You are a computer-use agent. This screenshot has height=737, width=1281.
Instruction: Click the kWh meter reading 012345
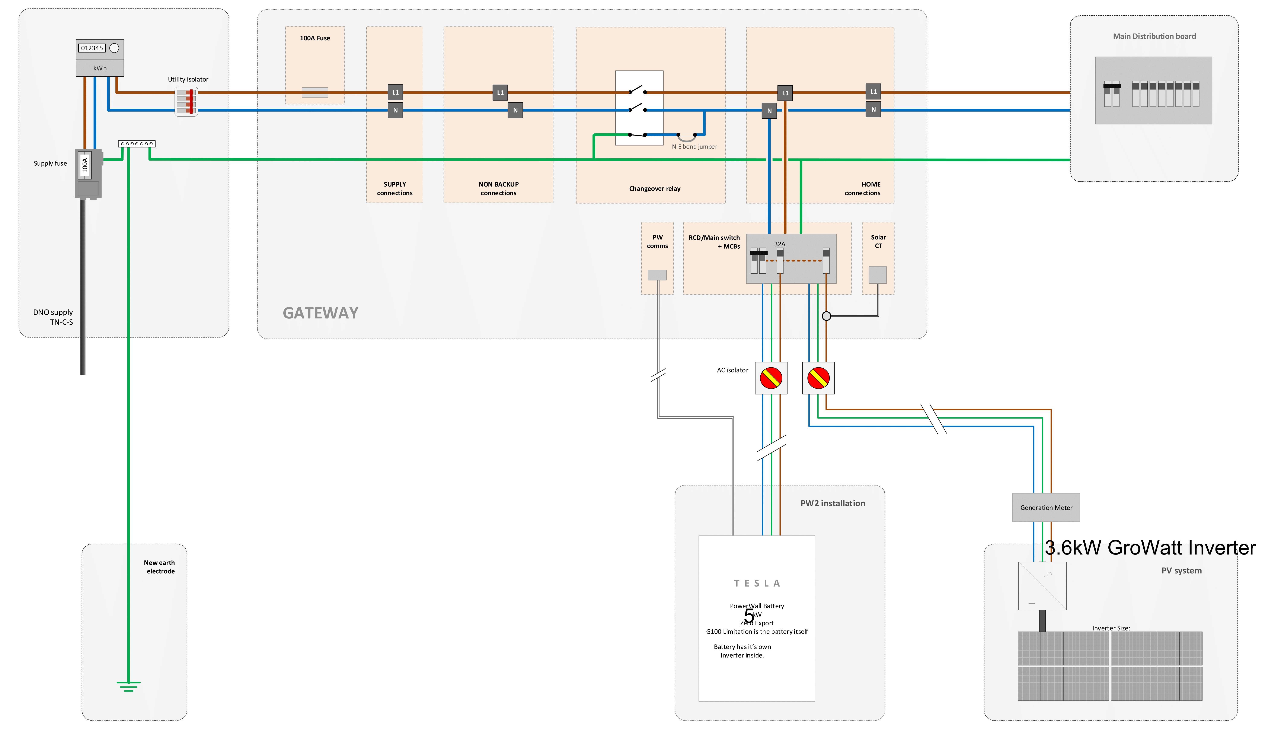coord(92,48)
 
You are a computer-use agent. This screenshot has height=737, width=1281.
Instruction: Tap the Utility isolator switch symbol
coord(186,101)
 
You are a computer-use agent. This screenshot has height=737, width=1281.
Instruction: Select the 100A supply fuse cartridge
coord(85,165)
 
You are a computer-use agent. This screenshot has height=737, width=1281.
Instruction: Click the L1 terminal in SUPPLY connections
coord(395,92)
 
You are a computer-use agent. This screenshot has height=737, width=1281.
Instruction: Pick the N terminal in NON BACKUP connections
coord(515,110)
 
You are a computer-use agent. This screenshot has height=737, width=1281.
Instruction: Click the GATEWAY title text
coord(320,313)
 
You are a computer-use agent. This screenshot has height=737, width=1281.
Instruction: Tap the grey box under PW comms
coord(657,275)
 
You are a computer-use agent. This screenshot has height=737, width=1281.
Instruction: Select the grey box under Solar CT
coord(878,275)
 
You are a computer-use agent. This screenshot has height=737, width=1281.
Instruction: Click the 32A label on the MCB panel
coord(780,244)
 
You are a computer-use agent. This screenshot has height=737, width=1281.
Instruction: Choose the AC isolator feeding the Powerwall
coord(771,378)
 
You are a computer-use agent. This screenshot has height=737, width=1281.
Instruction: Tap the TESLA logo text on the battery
coord(757,583)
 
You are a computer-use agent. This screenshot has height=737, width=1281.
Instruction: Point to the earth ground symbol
coord(128,686)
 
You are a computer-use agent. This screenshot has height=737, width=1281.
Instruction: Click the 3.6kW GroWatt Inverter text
coord(1150,548)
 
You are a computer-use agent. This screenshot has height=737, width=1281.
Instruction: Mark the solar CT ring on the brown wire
coord(826,316)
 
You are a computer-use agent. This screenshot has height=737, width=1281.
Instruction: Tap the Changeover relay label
coord(655,189)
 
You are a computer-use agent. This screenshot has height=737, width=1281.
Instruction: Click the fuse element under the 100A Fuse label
coord(315,93)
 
